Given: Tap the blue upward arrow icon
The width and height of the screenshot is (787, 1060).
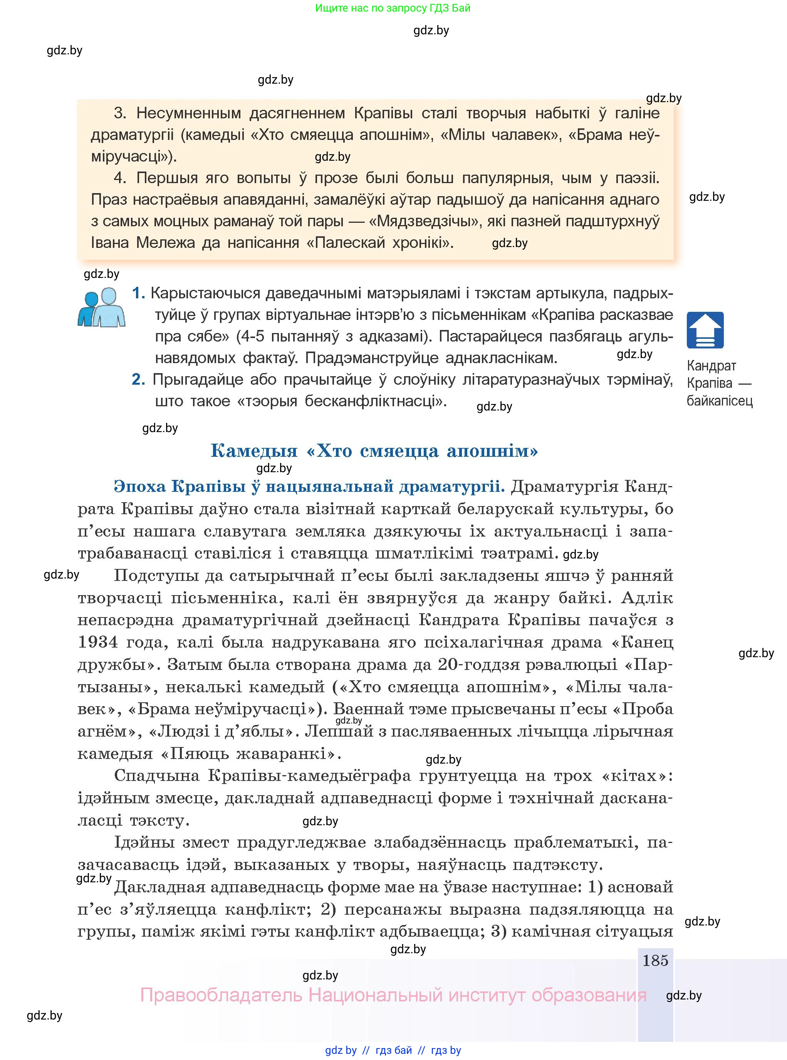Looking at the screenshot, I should coord(705,330).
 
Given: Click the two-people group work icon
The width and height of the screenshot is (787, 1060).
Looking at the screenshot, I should coord(101,308).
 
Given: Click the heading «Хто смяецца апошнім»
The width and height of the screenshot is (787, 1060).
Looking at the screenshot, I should coord(374,451).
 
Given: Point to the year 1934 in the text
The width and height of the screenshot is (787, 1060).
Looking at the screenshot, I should coord(98,642).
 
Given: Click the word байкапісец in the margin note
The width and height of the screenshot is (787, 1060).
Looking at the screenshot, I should coord(719,401).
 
